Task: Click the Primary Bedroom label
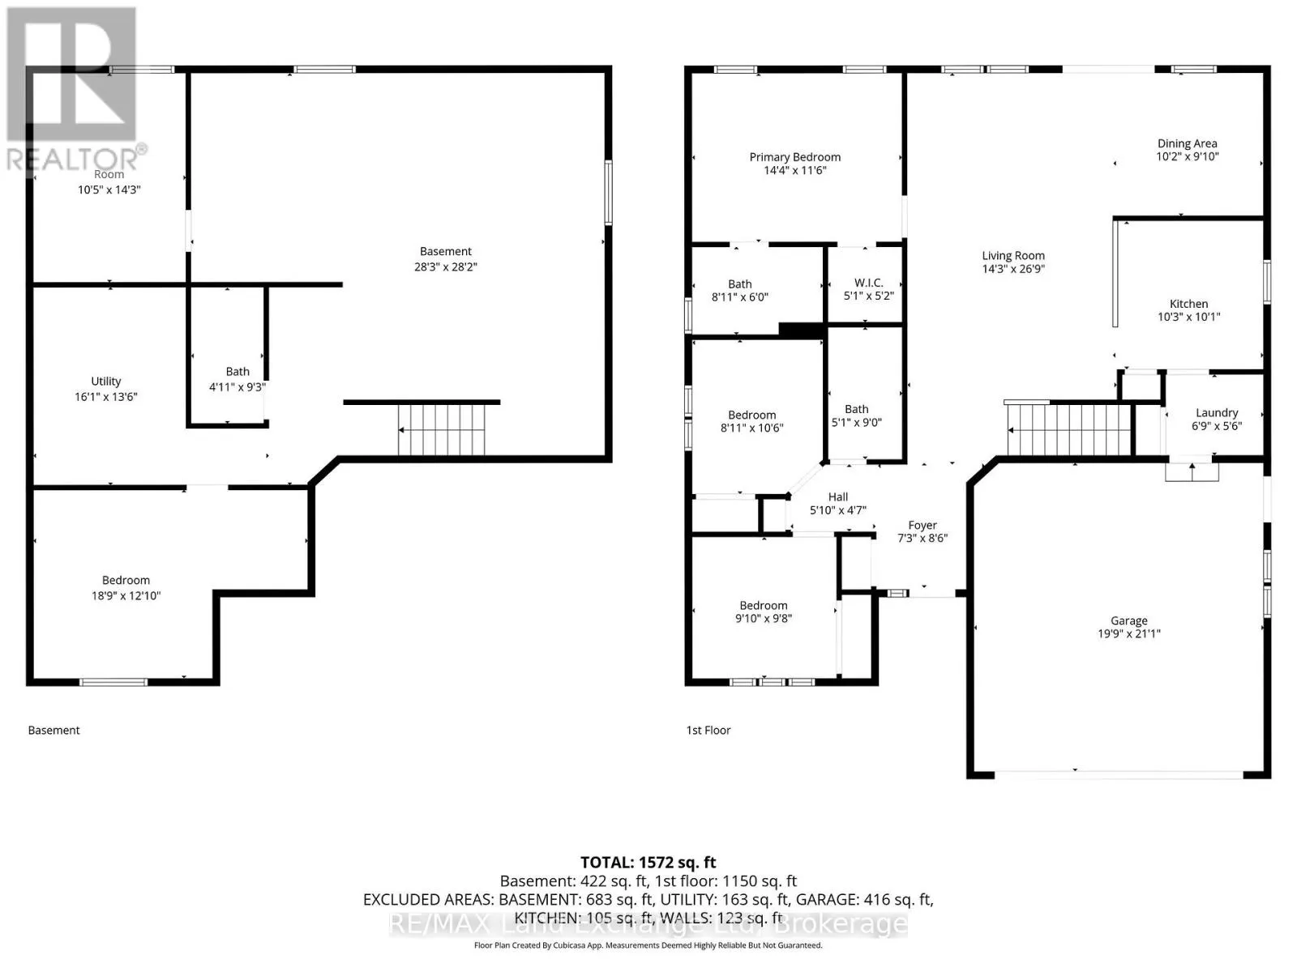(794, 157)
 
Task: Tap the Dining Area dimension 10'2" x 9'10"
(1187, 156)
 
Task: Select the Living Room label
(1013, 255)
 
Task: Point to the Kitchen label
(1188, 304)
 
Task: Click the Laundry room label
(1217, 413)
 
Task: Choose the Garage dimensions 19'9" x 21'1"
(1129, 634)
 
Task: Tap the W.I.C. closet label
(869, 283)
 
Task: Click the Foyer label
(922, 525)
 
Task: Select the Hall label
(838, 497)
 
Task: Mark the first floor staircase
(1069, 429)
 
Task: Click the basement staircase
(442, 429)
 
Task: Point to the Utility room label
(105, 382)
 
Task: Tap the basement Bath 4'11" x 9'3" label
(238, 379)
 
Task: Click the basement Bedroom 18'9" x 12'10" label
(126, 588)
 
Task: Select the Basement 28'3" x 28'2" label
(446, 259)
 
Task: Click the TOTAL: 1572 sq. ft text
(648, 863)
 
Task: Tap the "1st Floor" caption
(708, 730)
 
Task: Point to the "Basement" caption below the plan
(54, 730)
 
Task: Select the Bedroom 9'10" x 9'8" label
(764, 612)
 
